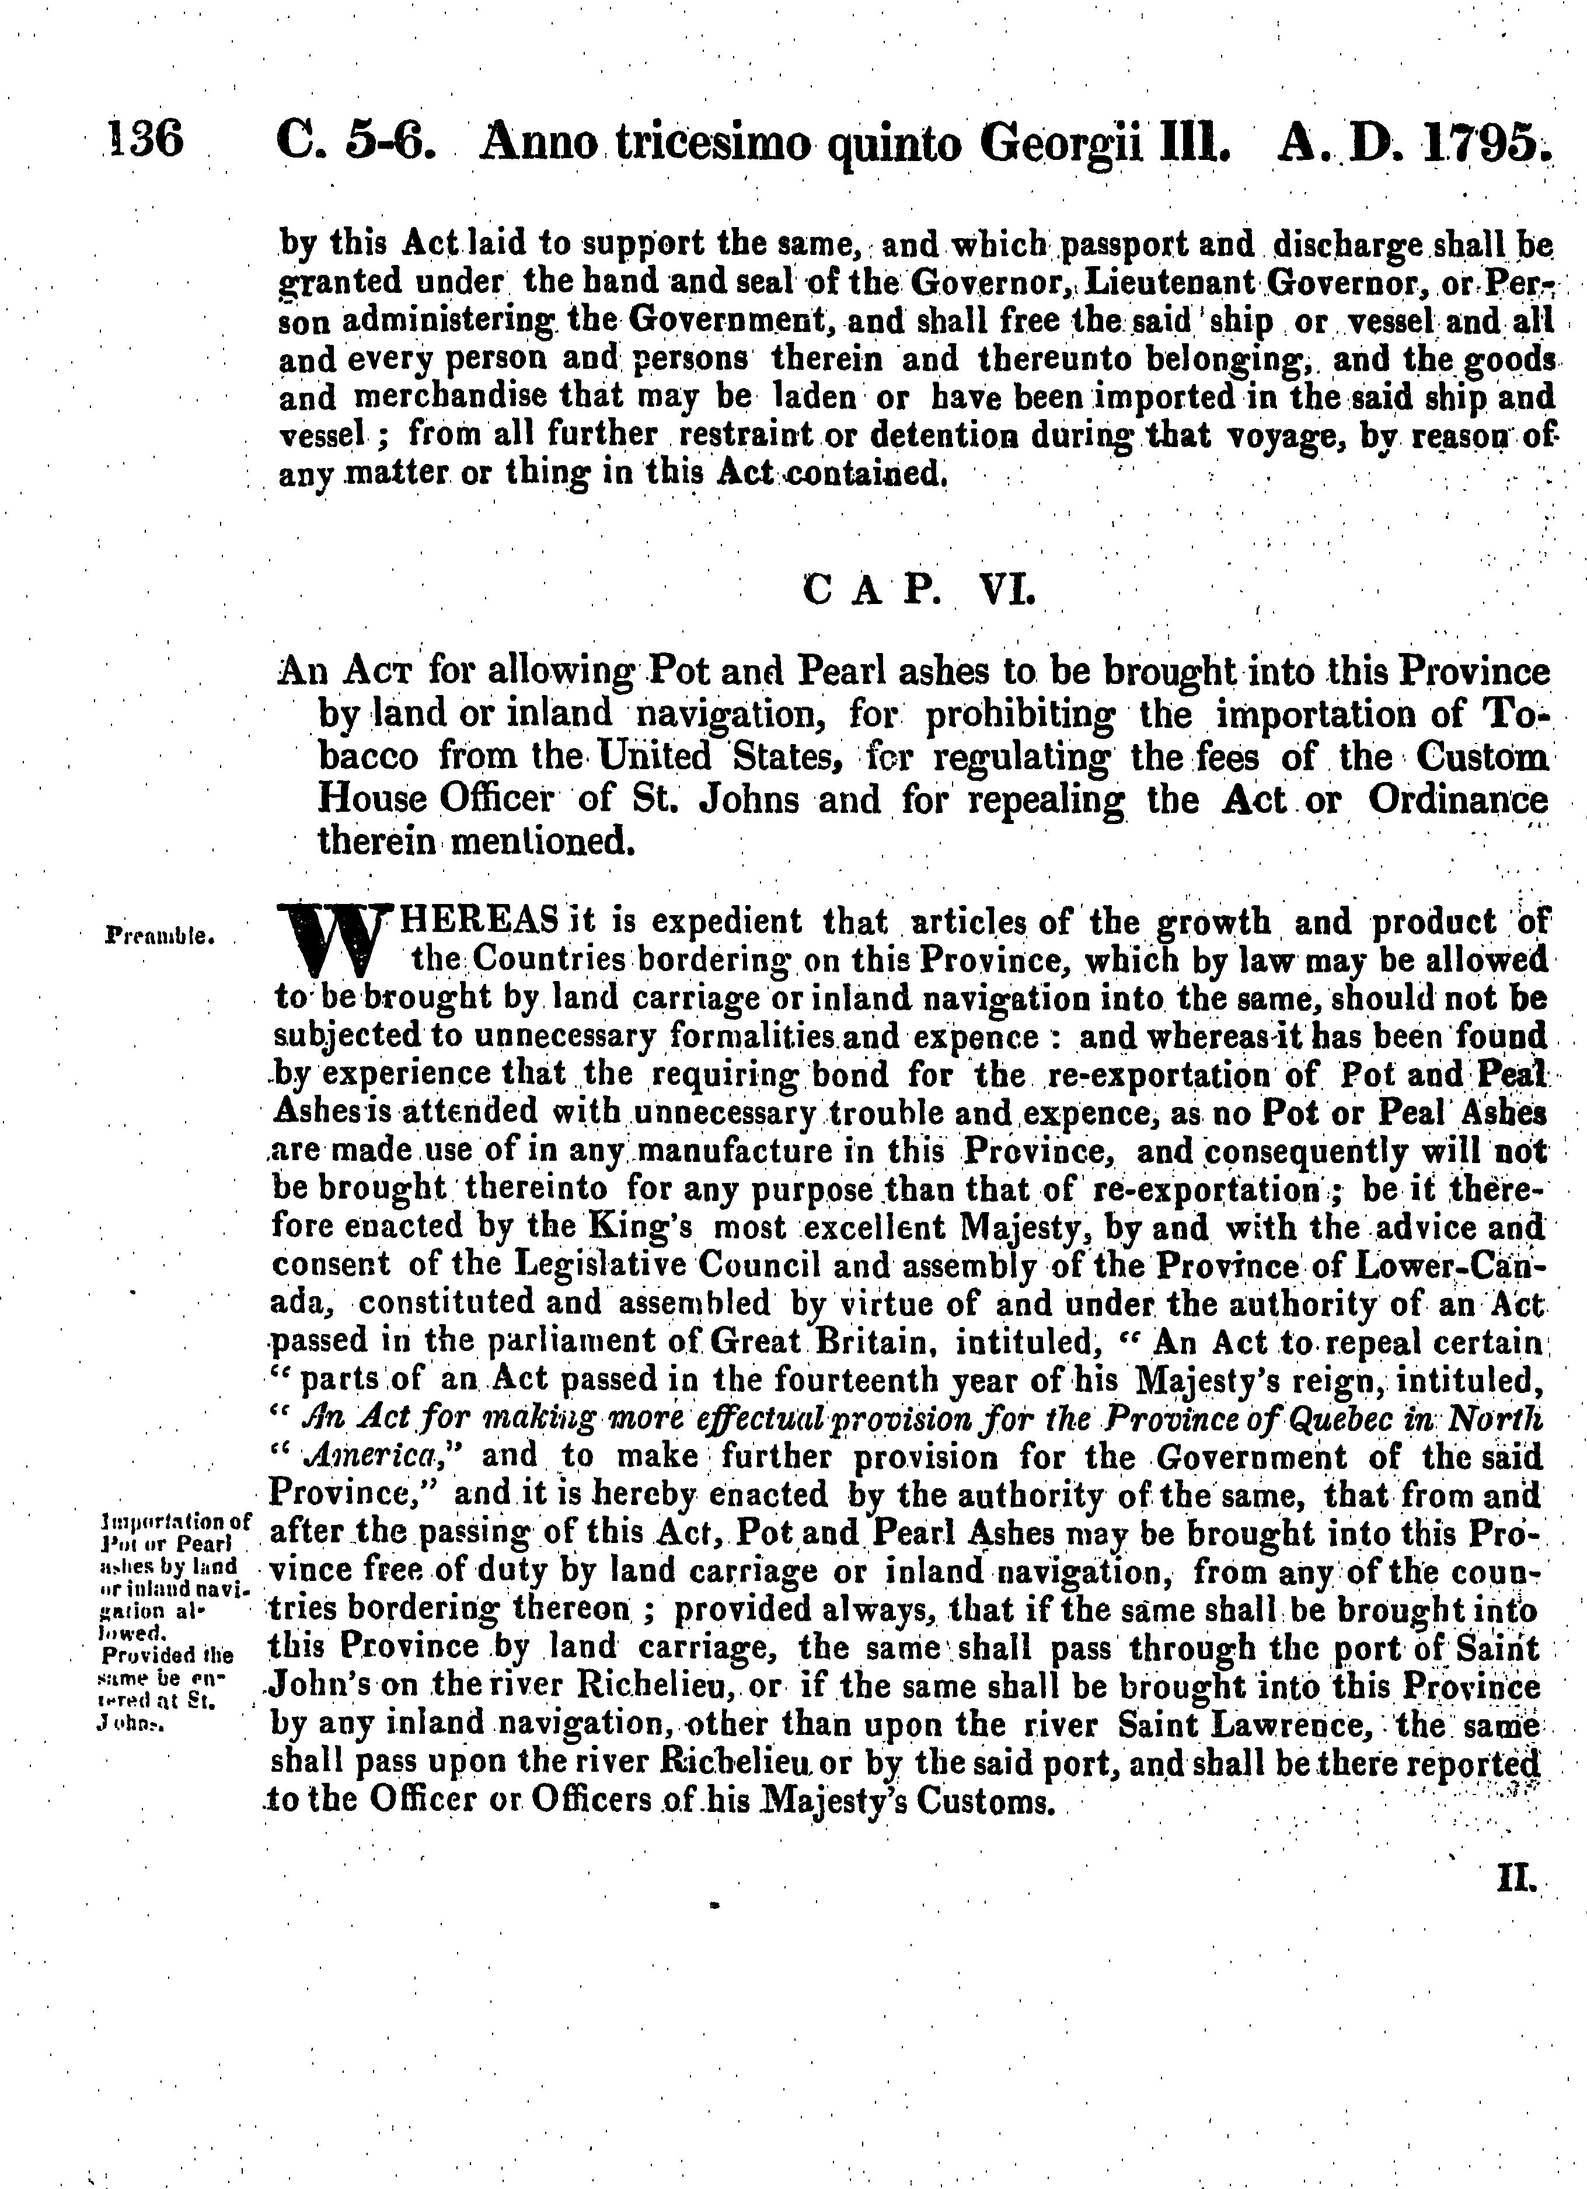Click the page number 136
click(146, 141)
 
